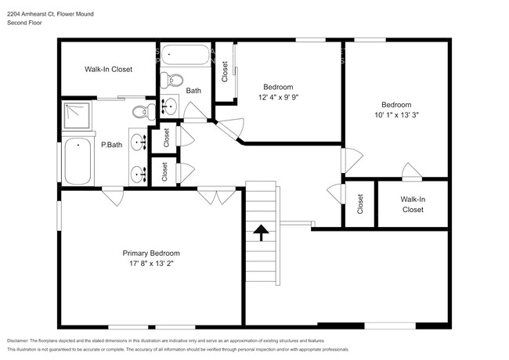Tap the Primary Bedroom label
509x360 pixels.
(150, 253)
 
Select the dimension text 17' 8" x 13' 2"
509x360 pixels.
(150, 264)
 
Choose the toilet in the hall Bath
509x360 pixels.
(175, 80)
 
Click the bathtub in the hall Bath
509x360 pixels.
(186, 56)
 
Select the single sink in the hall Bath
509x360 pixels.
(171, 105)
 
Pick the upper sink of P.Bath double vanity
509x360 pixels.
(138, 143)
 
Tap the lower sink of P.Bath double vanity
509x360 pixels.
(138, 173)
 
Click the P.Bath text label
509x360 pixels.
(111, 145)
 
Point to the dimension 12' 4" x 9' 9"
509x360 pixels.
(279, 97)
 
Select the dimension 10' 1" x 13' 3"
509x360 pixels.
(396, 116)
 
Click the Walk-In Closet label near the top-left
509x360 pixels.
(108, 70)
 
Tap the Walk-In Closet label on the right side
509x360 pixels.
(412, 205)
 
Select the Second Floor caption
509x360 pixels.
(24, 23)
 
